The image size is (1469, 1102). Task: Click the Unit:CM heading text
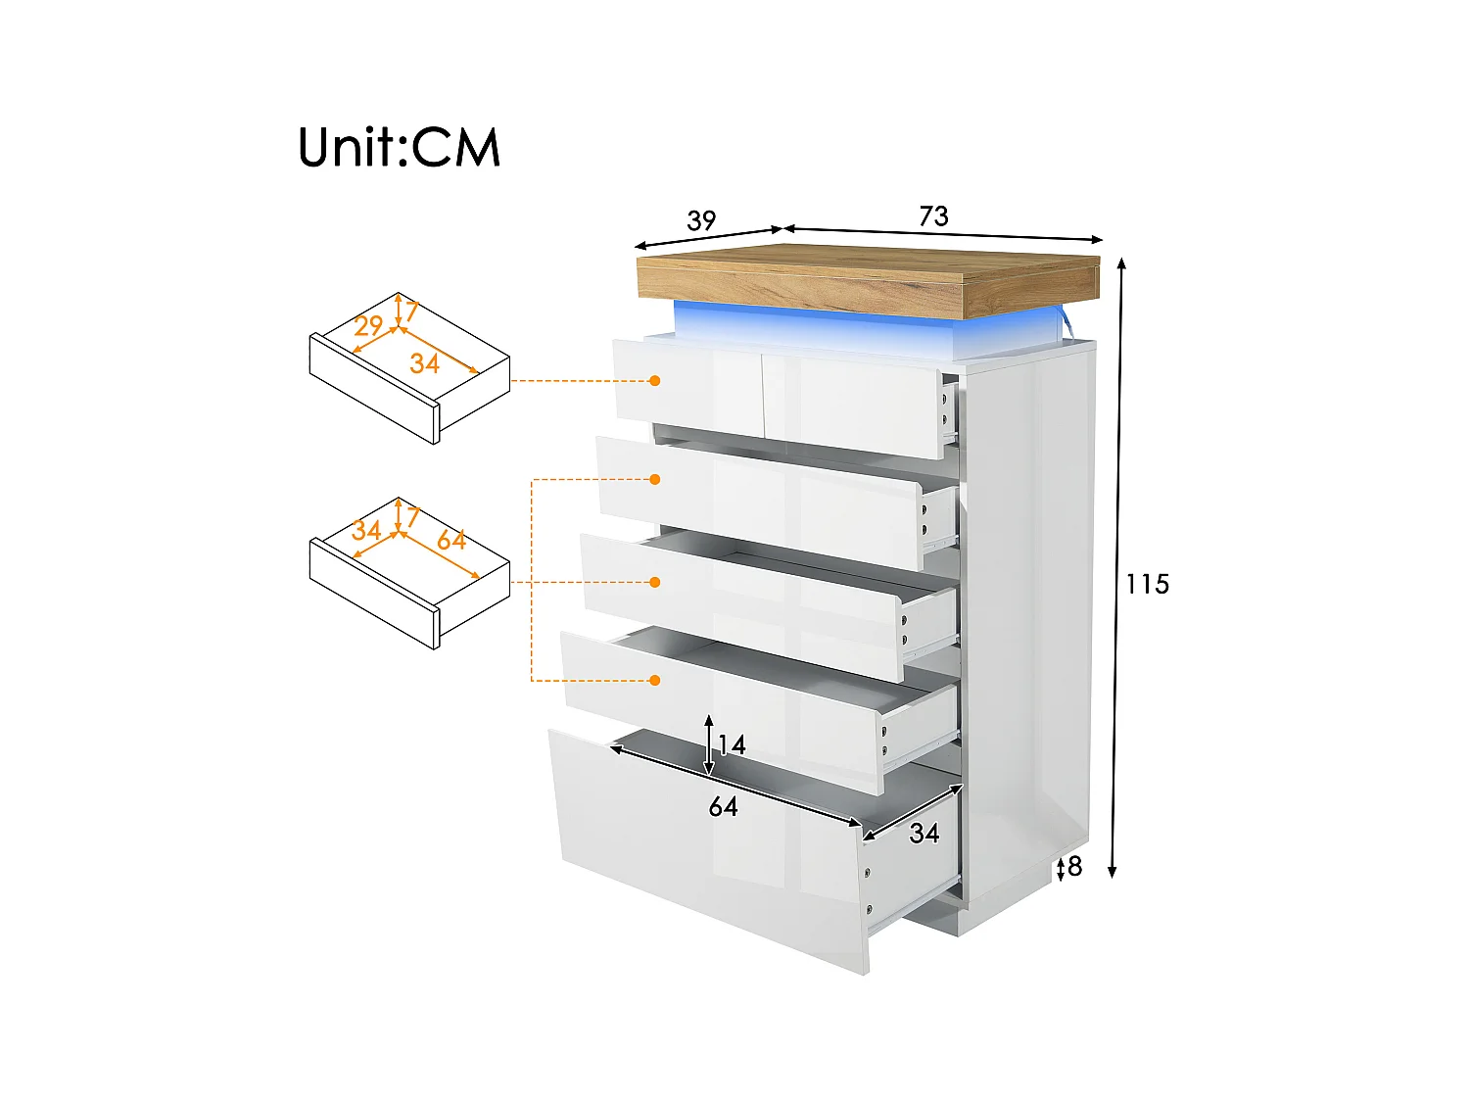click(399, 148)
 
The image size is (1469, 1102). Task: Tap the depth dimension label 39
click(701, 220)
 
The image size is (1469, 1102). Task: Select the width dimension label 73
click(933, 216)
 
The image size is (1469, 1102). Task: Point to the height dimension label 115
click(1147, 584)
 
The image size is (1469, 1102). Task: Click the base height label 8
click(1075, 866)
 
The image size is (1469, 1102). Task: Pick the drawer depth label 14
click(732, 744)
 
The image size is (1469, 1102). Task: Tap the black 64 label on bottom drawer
click(723, 806)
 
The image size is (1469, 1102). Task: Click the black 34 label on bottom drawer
click(924, 833)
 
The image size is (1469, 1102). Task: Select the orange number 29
click(368, 325)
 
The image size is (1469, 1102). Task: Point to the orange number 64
click(451, 540)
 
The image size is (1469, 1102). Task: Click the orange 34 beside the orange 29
click(424, 363)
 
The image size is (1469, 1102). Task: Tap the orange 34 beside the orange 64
click(366, 530)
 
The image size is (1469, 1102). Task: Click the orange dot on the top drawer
click(655, 380)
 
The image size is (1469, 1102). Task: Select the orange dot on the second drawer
click(655, 479)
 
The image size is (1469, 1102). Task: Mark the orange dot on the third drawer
click(655, 582)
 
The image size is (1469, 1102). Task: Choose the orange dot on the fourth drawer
click(655, 680)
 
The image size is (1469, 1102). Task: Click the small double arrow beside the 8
click(1061, 868)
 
